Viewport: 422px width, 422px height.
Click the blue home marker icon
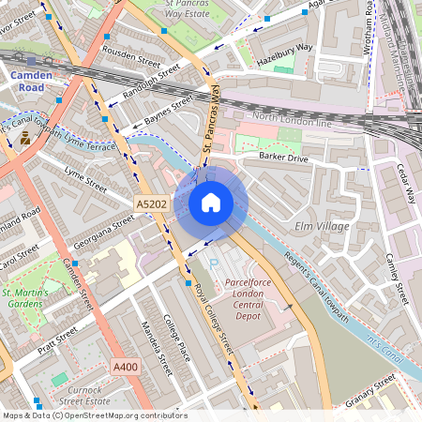(x=211, y=203)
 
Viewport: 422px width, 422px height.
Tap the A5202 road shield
(x=152, y=203)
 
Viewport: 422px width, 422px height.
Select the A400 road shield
(x=125, y=367)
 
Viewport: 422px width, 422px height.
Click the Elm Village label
(x=322, y=226)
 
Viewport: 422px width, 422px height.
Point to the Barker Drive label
(x=284, y=157)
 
